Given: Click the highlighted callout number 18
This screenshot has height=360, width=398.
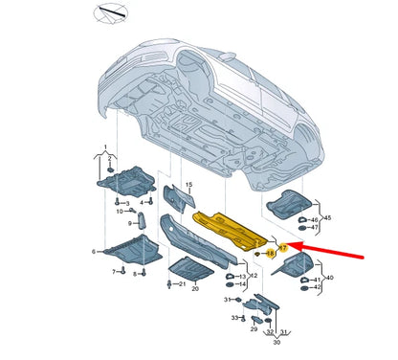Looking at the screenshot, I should (270, 253).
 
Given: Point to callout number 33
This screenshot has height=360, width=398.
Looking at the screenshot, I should (232, 317).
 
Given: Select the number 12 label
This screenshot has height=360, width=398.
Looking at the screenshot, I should (252, 275).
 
